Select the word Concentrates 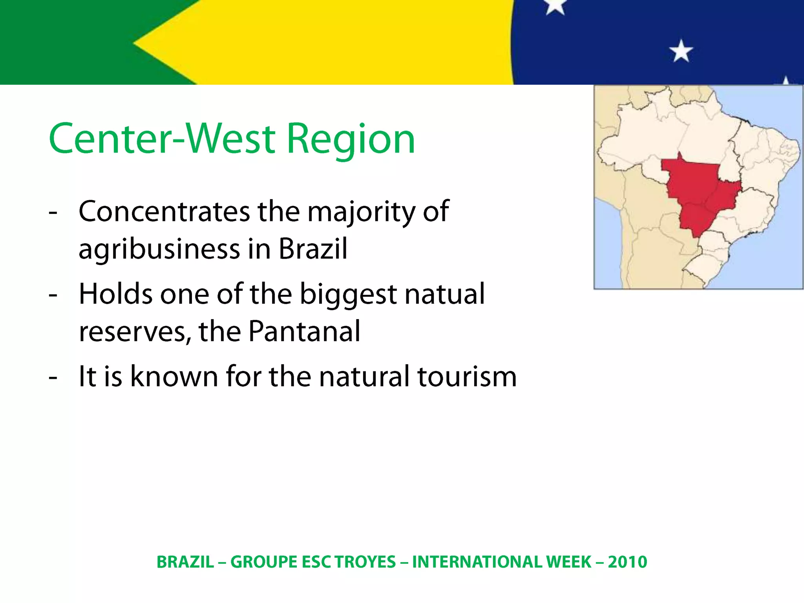(164, 212)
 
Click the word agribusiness (159, 250)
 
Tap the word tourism (467, 376)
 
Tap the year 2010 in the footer (627, 562)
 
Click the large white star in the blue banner (681, 51)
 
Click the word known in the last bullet (174, 376)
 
